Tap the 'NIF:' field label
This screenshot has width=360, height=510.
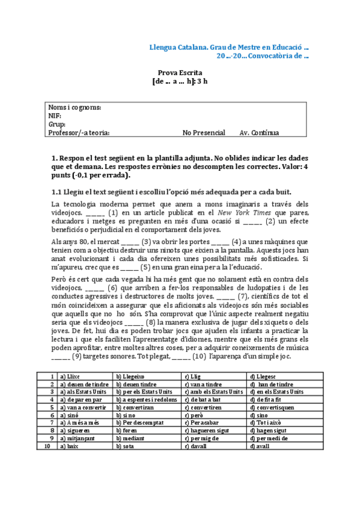[x=55, y=115]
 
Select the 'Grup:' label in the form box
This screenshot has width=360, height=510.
[x=57, y=124]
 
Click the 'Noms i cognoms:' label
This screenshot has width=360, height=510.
[x=75, y=107]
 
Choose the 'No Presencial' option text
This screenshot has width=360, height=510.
[x=204, y=133]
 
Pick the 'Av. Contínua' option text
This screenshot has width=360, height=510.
[x=259, y=133]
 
